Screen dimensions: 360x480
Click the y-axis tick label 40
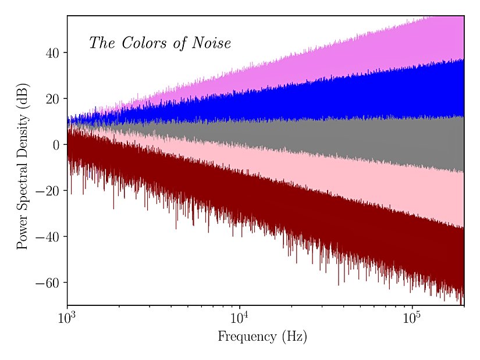coord(52,53)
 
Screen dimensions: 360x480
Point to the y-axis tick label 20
coord(52,99)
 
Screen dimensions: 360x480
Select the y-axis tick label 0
coord(56,145)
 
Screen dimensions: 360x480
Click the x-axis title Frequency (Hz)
coord(262,336)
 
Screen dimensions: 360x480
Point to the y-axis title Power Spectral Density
coord(23,166)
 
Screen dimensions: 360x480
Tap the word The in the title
coord(102,43)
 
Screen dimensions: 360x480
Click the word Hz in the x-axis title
coord(293,336)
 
